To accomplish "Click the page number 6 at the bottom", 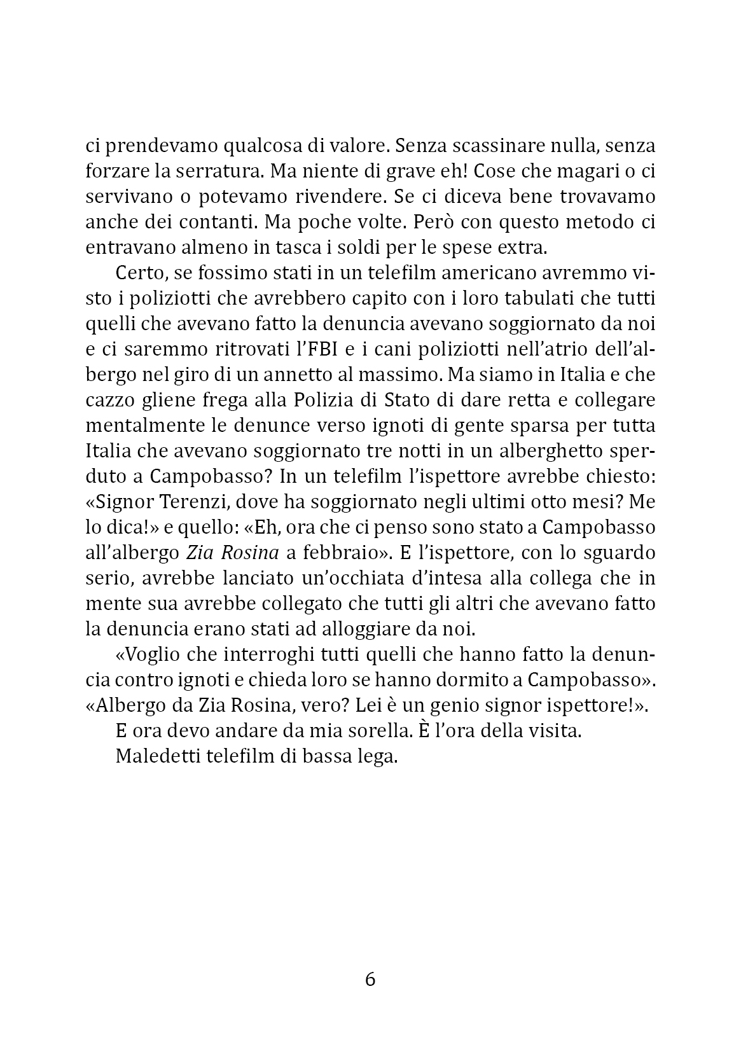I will click(x=370, y=979).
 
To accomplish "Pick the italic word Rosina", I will click(x=253, y=553).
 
